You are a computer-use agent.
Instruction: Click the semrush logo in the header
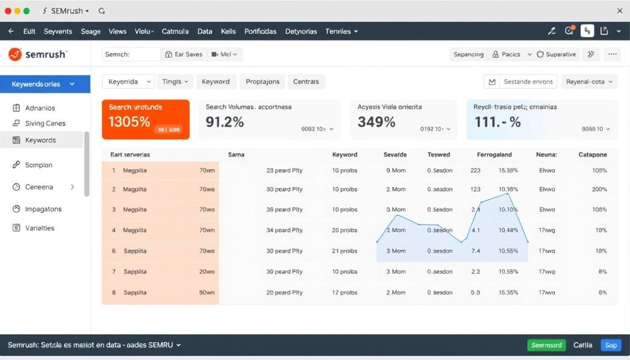[38, 55]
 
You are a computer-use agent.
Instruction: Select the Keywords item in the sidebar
[41, 140]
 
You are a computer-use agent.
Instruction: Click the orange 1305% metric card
[146, 119]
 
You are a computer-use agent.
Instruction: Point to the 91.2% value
[225, 122]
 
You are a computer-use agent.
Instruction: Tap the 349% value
[376, 122]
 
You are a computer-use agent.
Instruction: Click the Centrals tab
[306, 81]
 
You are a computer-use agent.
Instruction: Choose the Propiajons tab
[262, 81]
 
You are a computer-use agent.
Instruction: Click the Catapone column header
[592, 154]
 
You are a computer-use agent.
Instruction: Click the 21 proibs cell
[345, 251]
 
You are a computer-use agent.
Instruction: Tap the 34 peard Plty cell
[284, 230]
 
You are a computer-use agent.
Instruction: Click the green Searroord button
[546, 345]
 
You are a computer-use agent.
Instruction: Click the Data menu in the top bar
[205, 31]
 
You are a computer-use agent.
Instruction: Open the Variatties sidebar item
[39, 228]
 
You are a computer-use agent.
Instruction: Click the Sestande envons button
[520, 81]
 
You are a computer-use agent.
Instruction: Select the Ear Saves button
[183, 54]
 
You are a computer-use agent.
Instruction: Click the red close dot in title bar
[8, 11]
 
